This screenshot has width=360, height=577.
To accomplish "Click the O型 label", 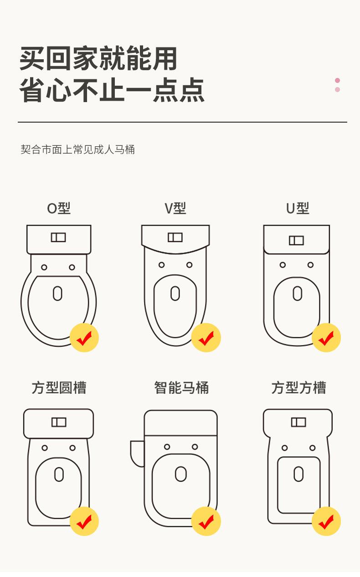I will pyautogui.click(x=59, y=209).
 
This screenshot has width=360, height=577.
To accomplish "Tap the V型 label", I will pyautogui.click(x=175, y=209).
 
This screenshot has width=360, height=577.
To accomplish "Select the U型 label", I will pyautogui.click(x=298, y=209).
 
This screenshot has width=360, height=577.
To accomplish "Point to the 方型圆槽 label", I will pyautogui.click(x=59, y=388).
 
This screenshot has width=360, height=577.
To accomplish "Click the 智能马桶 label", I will pyautogui.click(x=181, y=388).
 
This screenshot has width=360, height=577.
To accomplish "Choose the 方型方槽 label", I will pyautogui.click(x=298, y=388).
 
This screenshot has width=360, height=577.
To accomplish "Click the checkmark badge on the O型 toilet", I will pyautogui.click(x=84, y=338).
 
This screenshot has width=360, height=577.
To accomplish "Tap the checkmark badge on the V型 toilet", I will pyautogui.click(x=206, y=338).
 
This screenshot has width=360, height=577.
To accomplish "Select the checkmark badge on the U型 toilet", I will pyautogui.click(x=326, y=338).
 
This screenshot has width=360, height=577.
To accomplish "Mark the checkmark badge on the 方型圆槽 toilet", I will pyautogui.click(x=84, y=521).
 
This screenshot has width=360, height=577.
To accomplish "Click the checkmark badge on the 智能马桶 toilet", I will pyautogui.click(x=206, y=521).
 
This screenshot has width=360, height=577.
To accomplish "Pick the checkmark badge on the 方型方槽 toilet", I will pyautogui.click(x=326, y=521).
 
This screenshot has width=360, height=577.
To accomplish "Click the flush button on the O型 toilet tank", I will pyautogui.click(x=58, y=237).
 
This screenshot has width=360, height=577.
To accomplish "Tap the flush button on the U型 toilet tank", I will pyautogui.click(x=296, y=240).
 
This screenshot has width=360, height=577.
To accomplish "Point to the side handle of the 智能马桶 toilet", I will pyautogui.click(x=137, y=453).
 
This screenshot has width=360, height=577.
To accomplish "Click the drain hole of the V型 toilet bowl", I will pyautogui.click(x=175, y=293).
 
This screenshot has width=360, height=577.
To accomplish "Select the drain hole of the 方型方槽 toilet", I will pyautogui.click(x=298, y=474).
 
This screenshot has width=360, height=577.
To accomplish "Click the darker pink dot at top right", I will pyautogui.click(x=337, y=81).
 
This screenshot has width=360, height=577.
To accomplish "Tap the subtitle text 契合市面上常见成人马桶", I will pyautogui.click(x=78, y=149).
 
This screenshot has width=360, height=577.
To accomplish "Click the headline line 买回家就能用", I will pyautogui.click(x=98, y=59).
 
